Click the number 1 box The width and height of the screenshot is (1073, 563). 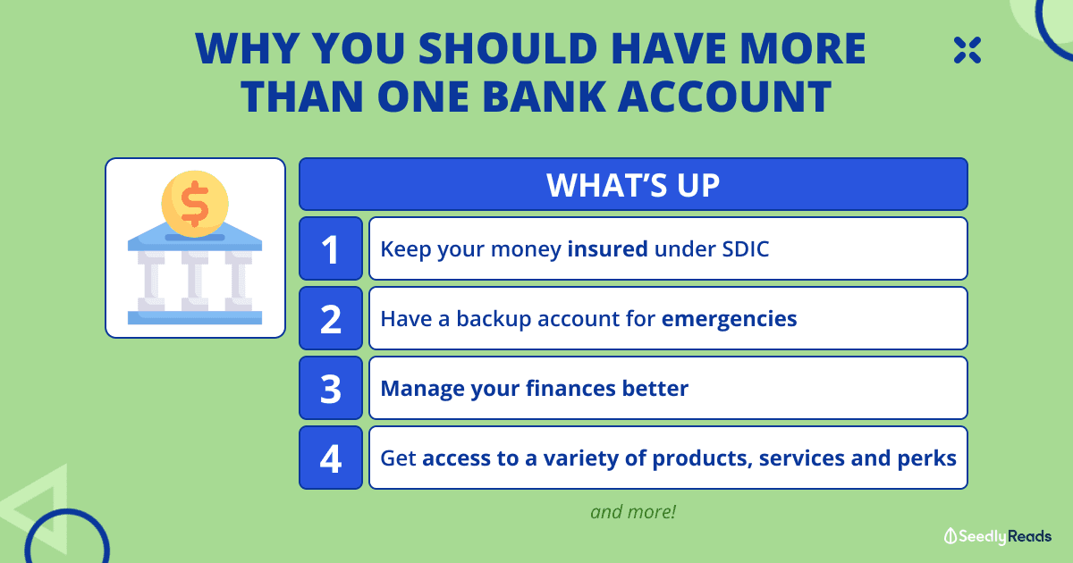[331, 248]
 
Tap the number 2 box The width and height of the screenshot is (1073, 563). [331, 318]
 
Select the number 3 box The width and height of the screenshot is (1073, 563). [331, 388]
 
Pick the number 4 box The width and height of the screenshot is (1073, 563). [331, 458]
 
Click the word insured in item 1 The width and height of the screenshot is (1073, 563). [607, 249]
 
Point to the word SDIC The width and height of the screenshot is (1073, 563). [746, 249]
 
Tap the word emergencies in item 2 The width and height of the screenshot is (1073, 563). [729, 319]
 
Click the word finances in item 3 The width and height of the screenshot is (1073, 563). [570, 388]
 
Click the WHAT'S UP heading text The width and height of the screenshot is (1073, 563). [633, 185]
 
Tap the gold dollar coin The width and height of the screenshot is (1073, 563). [195, 204]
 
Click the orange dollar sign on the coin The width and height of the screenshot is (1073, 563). [195, 204]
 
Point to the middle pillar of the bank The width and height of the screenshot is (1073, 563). [195, 280]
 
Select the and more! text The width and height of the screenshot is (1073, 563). [633, 512]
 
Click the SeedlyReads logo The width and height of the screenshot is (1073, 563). [997, 536]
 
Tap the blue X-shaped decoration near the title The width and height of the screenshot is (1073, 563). [967, 50]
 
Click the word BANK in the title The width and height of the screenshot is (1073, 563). [545, 97]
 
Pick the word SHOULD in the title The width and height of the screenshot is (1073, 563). [508, 48]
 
